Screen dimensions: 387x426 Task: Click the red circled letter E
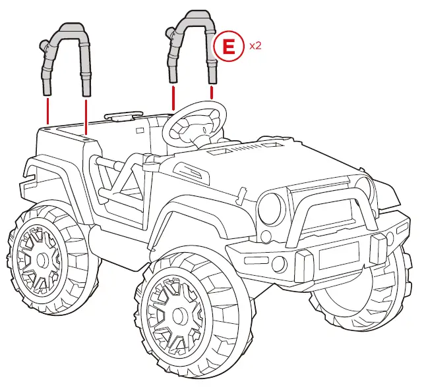[228, 47]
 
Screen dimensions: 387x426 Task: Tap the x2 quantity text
[255, 47]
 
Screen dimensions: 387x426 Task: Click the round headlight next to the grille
[271, 209]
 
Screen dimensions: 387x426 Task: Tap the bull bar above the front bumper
[330, 197]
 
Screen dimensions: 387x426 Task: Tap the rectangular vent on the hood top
[222, 155]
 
